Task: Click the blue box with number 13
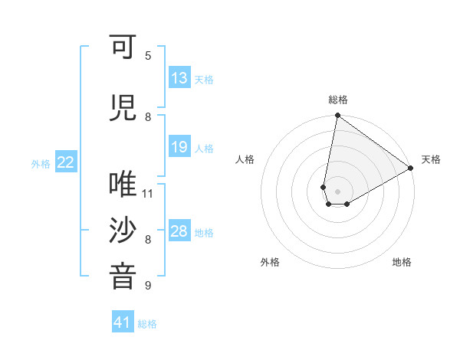tap(179, 78)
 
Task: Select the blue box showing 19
tap(179, 147)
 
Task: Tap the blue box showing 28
tap(179, 231)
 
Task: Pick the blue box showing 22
tap(66, 162)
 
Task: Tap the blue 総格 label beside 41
tap(147, 324)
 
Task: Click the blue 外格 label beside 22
tap(41, 163)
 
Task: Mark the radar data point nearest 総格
tap(337, 116)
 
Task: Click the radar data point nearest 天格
tap(411, 169)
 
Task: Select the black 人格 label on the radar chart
tap(245, 159)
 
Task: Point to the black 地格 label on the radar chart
tap(402, 262)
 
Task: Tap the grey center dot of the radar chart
tap(337, 190)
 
